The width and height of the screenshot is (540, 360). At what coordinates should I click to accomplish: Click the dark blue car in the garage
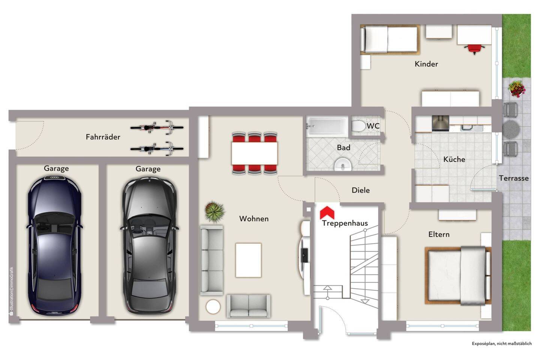(x=54, y=246)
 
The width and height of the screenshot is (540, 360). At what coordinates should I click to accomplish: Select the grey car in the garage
(x=150, y=246)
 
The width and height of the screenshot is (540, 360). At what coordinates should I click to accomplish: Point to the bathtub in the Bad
(x=327, y=126)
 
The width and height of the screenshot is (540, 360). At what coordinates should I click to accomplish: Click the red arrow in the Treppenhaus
(x=327, y=212)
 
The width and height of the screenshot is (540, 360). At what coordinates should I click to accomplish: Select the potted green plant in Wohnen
(x=214, y=211)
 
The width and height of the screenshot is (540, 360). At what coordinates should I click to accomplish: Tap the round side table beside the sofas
(x=213, y=307)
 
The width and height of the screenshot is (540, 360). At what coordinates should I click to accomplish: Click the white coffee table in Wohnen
(x=248, y=260)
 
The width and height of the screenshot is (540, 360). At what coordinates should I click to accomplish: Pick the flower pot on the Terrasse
(x=517, y=89)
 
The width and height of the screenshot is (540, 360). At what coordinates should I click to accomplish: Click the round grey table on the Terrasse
(x=511, y=129)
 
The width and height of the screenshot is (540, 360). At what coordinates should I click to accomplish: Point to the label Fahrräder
(x=103, y=137)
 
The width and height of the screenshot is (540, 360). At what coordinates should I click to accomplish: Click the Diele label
(x=361, y=190)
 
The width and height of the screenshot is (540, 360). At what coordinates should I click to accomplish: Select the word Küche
(x=454, y=159)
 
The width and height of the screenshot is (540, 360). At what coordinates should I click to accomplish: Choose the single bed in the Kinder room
(x=390, y=39)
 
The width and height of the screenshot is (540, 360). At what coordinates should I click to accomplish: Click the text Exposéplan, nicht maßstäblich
(x=502, y=343)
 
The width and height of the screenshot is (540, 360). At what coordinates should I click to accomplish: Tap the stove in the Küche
(x=440, y=123)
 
